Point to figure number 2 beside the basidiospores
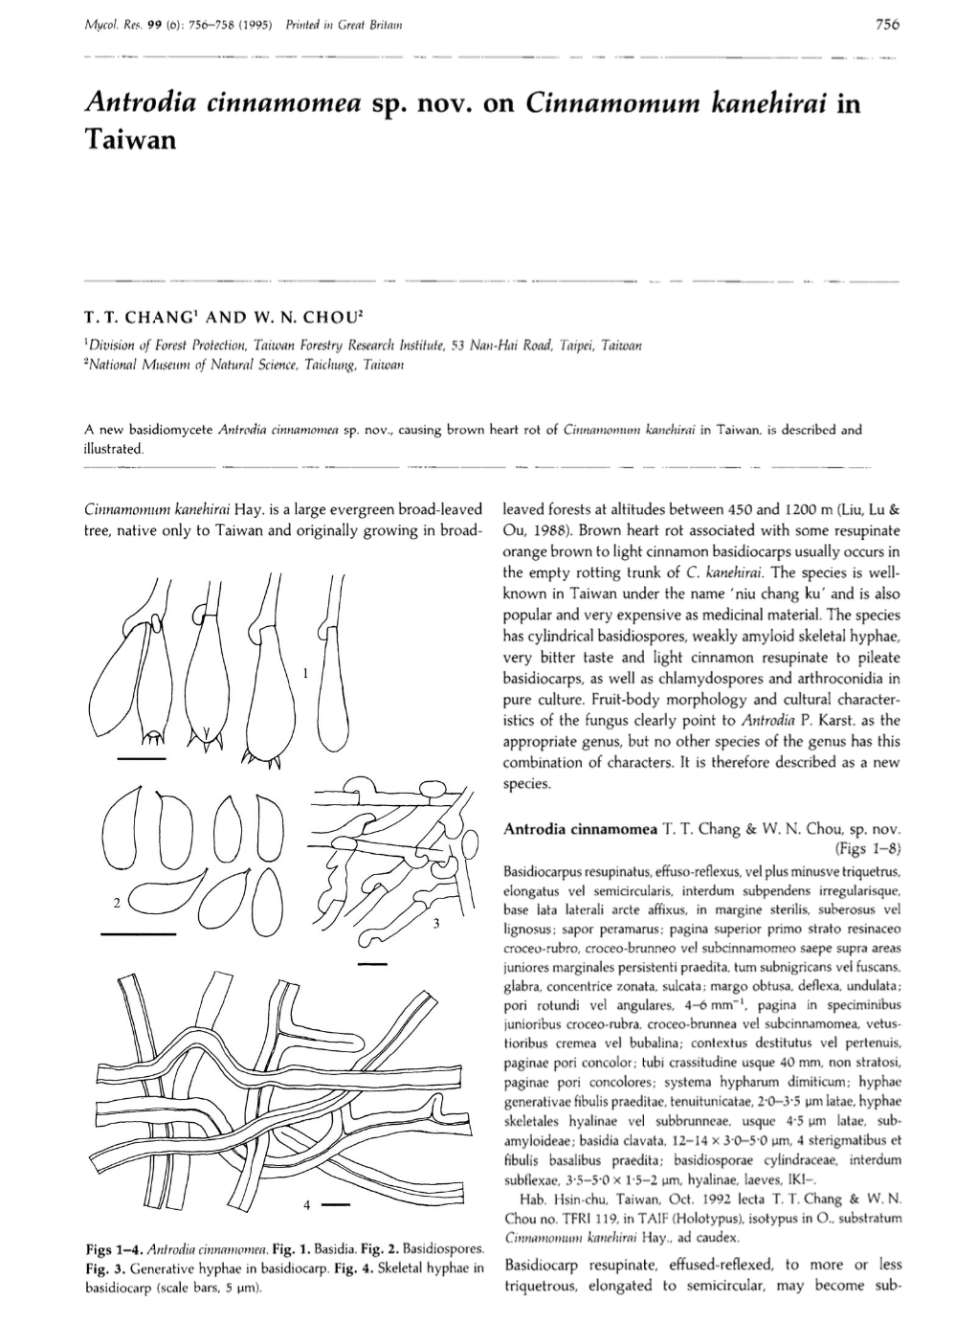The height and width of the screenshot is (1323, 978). [116, 903]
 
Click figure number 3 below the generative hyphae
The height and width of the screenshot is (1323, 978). [435, 924]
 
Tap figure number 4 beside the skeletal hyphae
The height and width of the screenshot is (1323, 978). [305, 1203]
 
